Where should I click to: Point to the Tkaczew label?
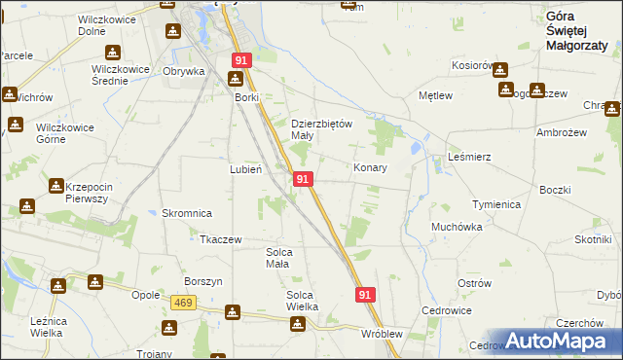pos(220,239)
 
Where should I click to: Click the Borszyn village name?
pos(203,281)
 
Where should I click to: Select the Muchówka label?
pos(457,227)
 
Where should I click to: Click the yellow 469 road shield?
pos(181,304)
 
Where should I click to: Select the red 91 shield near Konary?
pos(303,180)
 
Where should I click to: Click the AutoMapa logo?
pos(557,341)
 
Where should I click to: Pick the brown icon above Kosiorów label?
pos(500,69)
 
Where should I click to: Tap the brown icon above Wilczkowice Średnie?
pos(114,53)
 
